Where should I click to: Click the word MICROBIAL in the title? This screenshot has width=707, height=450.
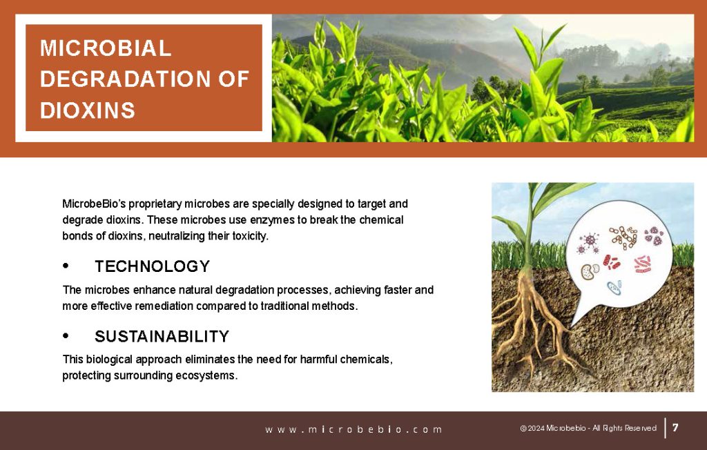pos(106,48)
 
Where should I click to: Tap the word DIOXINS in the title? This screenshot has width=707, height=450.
pos(88,110)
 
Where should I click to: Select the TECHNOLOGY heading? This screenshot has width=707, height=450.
pos(153,266)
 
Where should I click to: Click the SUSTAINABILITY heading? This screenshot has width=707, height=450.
pos(162,336)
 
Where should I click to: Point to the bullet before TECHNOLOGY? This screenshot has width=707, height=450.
pos(66,266)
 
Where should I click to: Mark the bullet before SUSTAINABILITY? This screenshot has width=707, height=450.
pos(66,336)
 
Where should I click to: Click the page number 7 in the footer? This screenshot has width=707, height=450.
pos(675,427)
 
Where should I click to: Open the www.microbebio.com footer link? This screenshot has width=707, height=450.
pos(353,429)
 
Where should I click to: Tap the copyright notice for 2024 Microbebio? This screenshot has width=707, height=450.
pos(588,428)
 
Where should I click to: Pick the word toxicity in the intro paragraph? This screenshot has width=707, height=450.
pos(250,236)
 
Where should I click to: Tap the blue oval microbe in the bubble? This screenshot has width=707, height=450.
pos(614,287)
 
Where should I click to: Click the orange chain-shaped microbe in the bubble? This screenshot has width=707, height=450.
pos(623,236)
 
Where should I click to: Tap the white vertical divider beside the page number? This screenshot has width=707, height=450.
pos(665,428)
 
